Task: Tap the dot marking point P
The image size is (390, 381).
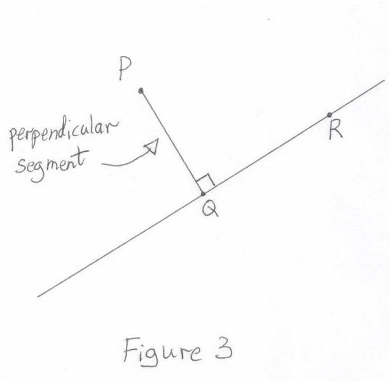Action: click(x=141, y=90)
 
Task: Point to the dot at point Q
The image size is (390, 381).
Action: click(x=203, y=193)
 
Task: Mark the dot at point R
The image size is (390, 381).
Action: click(x=329, y=115)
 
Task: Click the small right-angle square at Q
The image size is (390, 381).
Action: click(x=205, y=183)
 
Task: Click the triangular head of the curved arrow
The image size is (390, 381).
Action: click(x=151, y=147)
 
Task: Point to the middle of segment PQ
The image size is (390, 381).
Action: click(x=172, y=142)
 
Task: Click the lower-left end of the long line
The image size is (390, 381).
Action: click(x=38, y=296)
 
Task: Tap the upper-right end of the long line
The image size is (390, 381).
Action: click(x=384, y=81)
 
